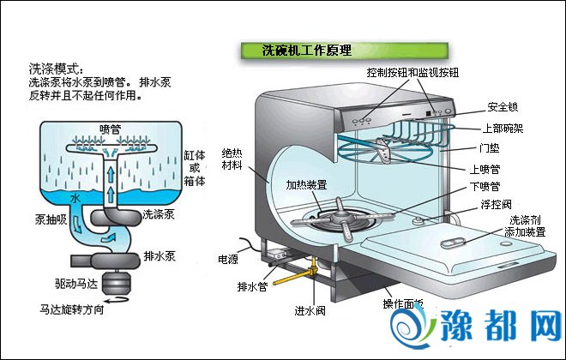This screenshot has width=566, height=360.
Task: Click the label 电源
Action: click(228, 258)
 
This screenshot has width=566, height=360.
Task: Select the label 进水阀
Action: click(310, 310)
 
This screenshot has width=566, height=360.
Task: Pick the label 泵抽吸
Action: click(51, 218)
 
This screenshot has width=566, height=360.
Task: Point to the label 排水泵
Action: click(161, 255)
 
